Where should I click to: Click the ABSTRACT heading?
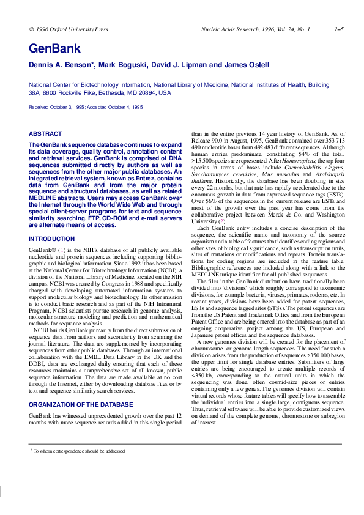pyautogui.click(x=45, y=134)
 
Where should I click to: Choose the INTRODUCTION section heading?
pyautogui.click(x=52, y=239)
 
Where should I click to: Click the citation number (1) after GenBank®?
pyautogui.click(x=61, y=251)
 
